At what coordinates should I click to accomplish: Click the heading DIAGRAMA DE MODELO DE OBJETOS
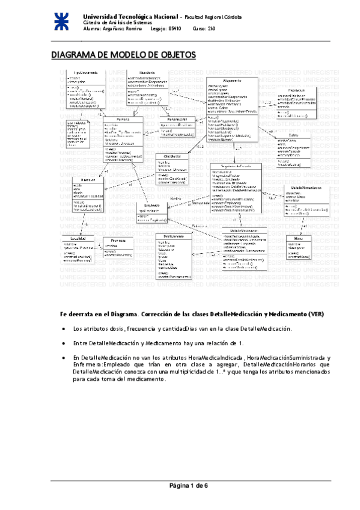tap(123, 55)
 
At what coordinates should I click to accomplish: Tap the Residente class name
tap(147, 72)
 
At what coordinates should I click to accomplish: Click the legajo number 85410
tap(175, 29)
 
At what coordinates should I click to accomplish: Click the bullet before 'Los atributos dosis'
tap(64, 329)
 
